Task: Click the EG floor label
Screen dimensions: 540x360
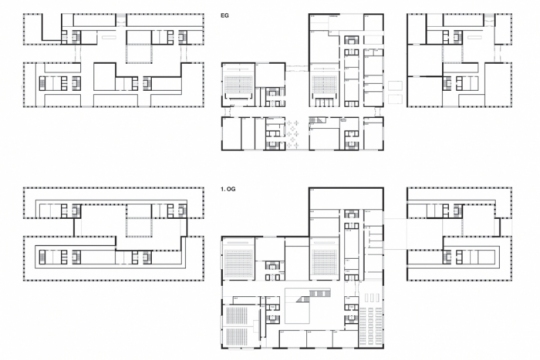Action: pyautogui.click(x=225, y=16)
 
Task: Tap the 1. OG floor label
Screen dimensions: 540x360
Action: pyautogui.click(x=228, y=189)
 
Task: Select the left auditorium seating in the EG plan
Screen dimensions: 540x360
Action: pyautogui.click(x=238, y=85)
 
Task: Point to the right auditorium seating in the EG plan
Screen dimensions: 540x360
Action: pyautogui.click(x=325, y=85)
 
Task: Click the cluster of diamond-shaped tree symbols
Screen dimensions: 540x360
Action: pyautogui.click(x=292, y=134)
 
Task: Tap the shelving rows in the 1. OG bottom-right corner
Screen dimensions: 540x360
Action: pyautogui.click(x=371, y=327)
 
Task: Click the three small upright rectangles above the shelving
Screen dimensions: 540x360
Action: pyautogui.click(x=371, y=298)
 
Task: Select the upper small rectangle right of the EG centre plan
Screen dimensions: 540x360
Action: pyautogui.click(x=395, y=85)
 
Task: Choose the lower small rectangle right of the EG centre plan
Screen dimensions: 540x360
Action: pyautogui.click(x=395, y=99)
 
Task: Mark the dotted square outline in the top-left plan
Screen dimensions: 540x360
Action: pyautogui.click(x=139, y=53)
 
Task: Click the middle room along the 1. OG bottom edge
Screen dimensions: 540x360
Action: pyautogui.click(x=319, y=339)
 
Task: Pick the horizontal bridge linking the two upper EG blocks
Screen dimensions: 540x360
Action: pyautogui.click(x=297, y=68)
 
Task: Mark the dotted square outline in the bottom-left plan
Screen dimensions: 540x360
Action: pyautogui.click(x=139, y=227)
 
